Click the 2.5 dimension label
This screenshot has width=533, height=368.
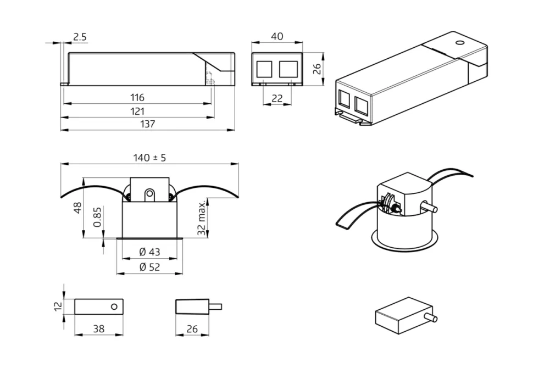tap(80, 37)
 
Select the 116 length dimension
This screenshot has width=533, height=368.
tap(137, 97)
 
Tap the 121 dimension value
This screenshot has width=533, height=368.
tap(137, 111)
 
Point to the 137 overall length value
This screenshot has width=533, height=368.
tap(148, 124)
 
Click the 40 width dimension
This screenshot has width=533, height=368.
tap(277, 36)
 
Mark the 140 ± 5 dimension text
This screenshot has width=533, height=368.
tap(149, 158)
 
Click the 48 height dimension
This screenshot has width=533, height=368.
tap(77, 208)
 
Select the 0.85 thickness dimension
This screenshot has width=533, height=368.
tap(97, 216)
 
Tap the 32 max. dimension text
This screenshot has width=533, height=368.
tap(203, 218)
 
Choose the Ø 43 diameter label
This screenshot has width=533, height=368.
tap(149, 252)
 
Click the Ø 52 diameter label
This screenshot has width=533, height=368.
tap(149, 267)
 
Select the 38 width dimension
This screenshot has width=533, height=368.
tap(98, 329)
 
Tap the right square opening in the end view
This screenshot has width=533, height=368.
tap(288, 69)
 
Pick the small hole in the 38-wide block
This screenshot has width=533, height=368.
tap(114, 306)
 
